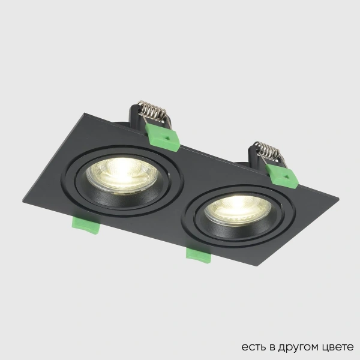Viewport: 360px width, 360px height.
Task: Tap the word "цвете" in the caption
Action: point(337,347)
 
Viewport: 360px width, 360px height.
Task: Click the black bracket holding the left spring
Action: point(137,116)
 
